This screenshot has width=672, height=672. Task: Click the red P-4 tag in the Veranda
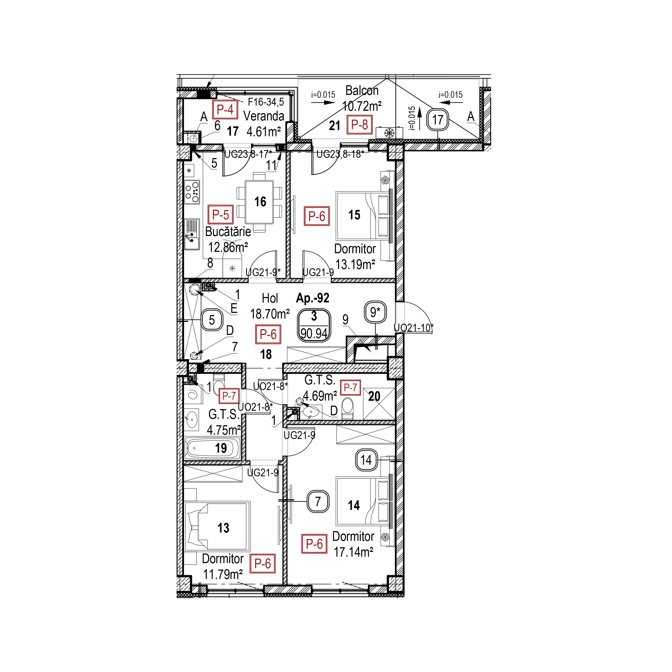pyautogui.click(x=225, y=110)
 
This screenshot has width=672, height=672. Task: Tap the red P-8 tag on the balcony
pyautogui.click(x=360, y=124)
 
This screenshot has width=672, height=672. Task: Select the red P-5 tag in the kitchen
pyautogui.click(x=220, y=215)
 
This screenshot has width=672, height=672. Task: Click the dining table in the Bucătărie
pyautogui.click(x=259, y=202)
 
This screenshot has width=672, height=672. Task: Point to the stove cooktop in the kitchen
pyautogui.click(x=192, y=192)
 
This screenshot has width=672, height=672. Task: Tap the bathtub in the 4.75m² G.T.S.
pyautogui.click(x=213, y=448)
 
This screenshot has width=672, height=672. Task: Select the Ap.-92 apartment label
pyautogui.click(x=312, y=298)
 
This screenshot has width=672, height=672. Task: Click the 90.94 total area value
pyautogui.click(x=314, y=334)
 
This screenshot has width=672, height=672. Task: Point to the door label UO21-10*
pyautogui.click(x=414, y=328)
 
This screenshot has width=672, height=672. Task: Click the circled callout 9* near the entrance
pyautogui.click(x=375, y=312)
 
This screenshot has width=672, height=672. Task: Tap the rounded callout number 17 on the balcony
pyautogui.click(x=438, y=120)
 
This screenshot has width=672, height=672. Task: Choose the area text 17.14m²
pyautogui.click(x=354, y=552)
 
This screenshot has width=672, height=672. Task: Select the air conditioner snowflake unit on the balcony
pyautogui.click(x=389, y=133)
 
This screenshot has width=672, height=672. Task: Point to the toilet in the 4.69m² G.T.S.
pyautogui.click(x=348, y=408)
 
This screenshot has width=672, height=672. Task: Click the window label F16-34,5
pyautogui.click(x=266, y=102)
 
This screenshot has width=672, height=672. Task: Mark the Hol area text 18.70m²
pyautogui.click(x=270, y=314)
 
